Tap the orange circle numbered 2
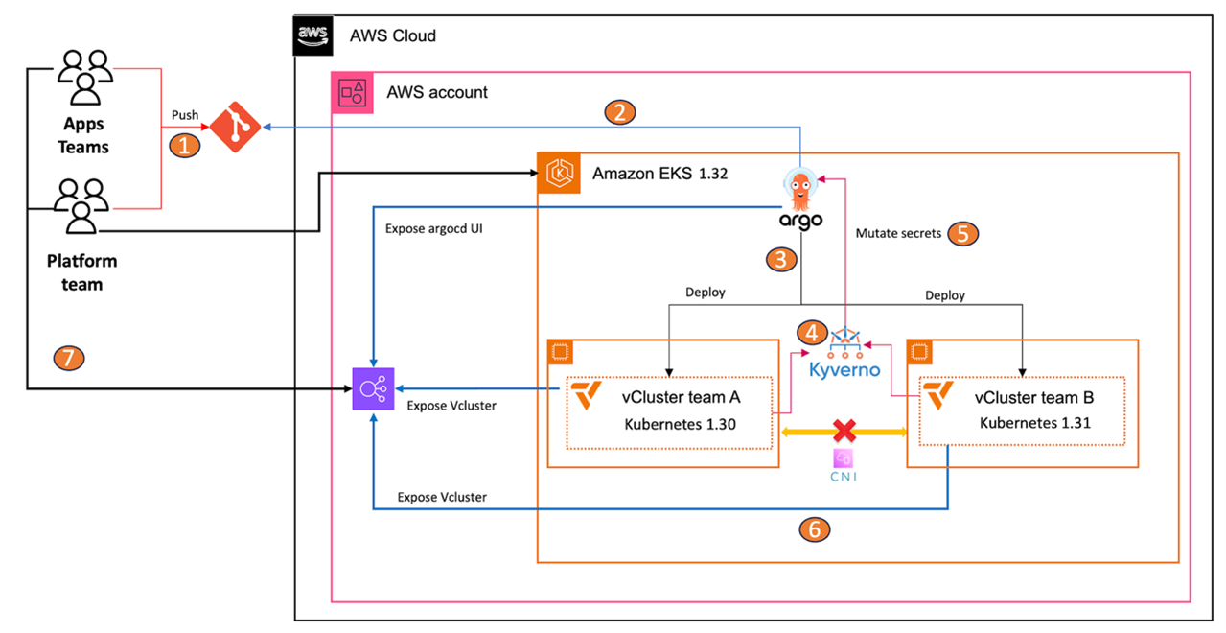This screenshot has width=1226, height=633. pyautogui.click(x=620, y=112)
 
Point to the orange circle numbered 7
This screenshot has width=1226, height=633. pyautogui.click(x=69, y=360)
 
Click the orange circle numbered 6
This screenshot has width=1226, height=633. pyautogui.click(x=814, y=528)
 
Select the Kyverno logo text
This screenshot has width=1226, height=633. pyautogui.click(x=844, y=369)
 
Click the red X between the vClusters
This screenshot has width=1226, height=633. pyautogui.click(x=844, y=430)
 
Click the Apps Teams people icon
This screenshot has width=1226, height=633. pyautogui.click(x=85, y=77)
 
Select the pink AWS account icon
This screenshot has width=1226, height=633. pyautogui.click(x=350, y=92)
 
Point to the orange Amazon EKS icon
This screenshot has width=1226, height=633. pyautogui.click(x=557, y=173)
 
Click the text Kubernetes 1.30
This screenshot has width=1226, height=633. pyautogui.click(x=680, y=424)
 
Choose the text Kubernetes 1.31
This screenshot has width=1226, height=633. pyautogui.click(x=1034, y=422)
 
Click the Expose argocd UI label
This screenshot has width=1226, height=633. pyautogui.click(x=434, y=229)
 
